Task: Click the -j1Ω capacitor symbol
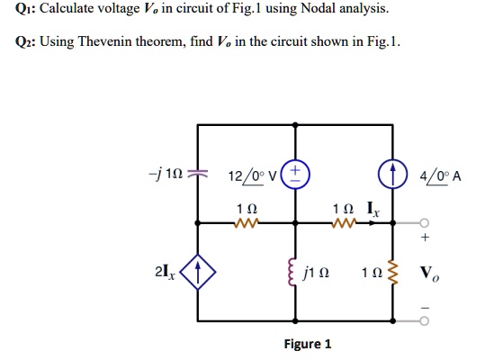pyautogui.click(x=198, y=175)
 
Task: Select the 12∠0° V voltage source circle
pyautogui.click(x=297, y=175)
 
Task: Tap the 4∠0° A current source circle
pyautogui.click(x=392, y=175)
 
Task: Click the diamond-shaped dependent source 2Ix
pyautogui.click(x=198, y=269)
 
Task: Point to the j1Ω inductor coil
pyautogui.click(x=292, y=269)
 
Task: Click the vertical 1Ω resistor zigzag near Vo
pyautogui.click(x=392, y=269)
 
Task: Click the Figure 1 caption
pyautogui.click(x=308, y=344)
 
